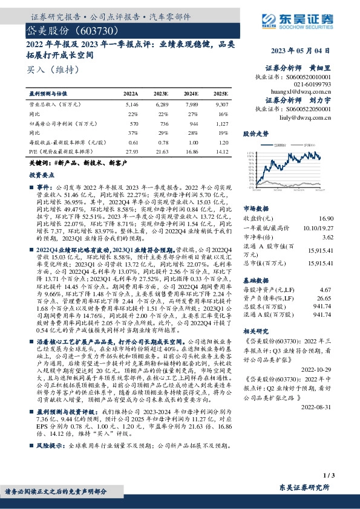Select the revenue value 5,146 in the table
click(x=131, y=105)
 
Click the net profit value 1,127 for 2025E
click(x=220, y=123)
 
